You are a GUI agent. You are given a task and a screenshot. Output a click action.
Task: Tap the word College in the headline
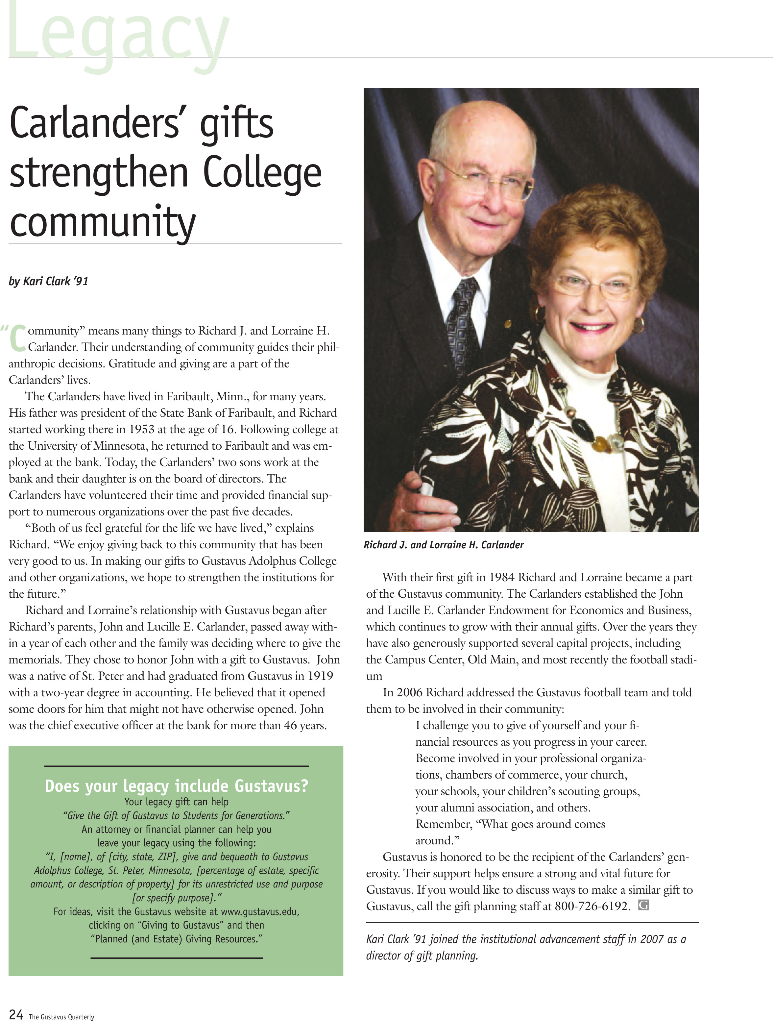pyautogui.click(x=262, y=174)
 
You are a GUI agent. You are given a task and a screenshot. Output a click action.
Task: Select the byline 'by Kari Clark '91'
pyautogui.click(x=48, y=281)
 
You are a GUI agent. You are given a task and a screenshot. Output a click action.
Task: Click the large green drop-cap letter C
pyautogui.click(x=17, y=338)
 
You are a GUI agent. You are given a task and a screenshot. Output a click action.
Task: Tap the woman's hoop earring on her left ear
pyautogui.click(x=638, y=325)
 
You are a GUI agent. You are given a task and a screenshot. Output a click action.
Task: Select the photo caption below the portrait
pyautogui.click(x=444, y=545)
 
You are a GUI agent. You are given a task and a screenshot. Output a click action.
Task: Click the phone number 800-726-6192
pyautogui.click(x=592, y=906)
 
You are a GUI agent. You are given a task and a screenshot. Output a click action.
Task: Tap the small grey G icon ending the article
pyautogui.click(x=643, y=905)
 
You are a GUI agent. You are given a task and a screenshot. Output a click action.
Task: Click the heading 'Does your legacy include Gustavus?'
pyautogui.click(x=176, y=785)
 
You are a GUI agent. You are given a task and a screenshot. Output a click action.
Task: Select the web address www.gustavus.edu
pyautogui.click(x=260, y=911)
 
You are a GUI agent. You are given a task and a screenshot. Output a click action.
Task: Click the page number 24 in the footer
pyautogui.click(x=16, y=1014)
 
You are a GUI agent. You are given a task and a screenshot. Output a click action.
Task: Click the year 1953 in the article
pyautogui.click(x=141, y=429)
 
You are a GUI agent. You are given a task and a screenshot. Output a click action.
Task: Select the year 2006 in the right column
pyautogui.click(x=409, y=692)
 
